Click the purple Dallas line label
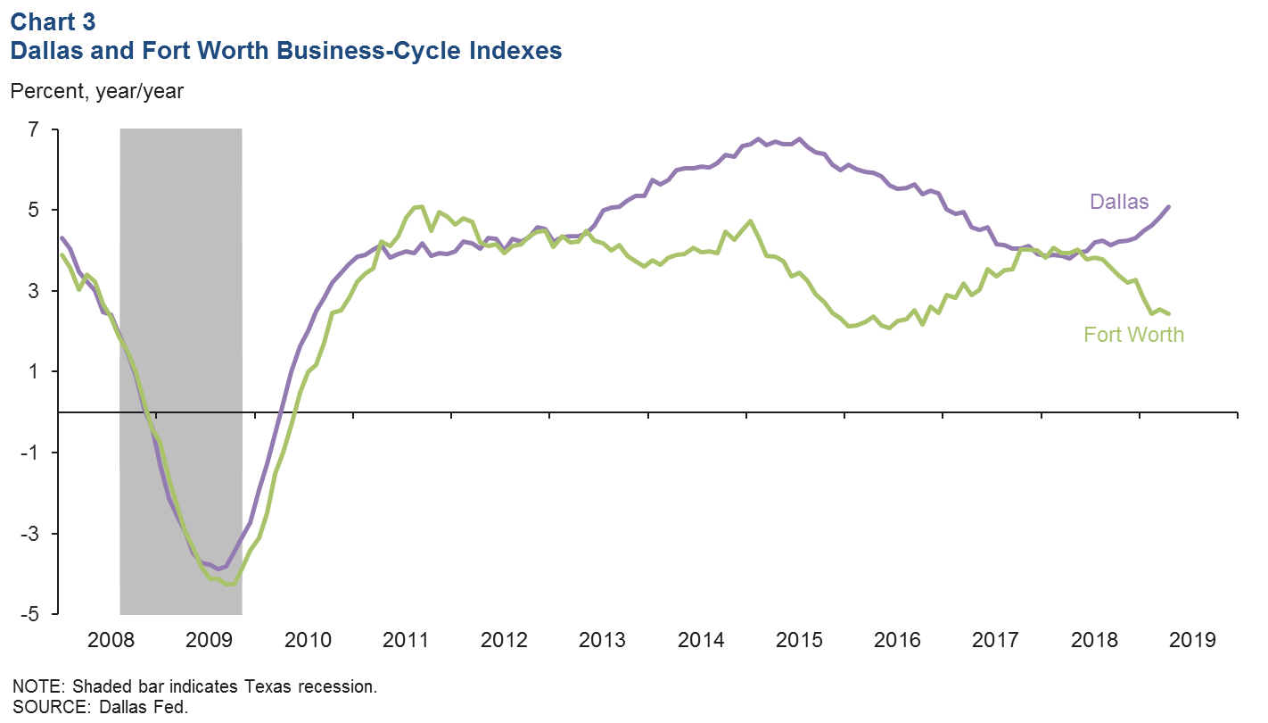(x=1119, y=203)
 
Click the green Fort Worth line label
(x=1133, y=335)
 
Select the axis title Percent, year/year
(x=96, y=91)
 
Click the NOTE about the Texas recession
(x=195, y=686)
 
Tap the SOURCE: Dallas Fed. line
(x=102, y=707)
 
